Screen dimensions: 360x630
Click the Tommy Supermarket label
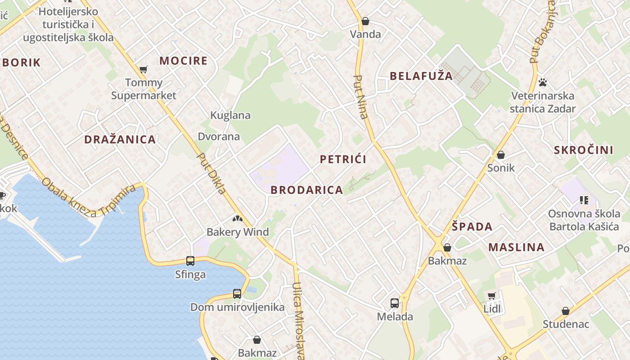click(x=144, y=89)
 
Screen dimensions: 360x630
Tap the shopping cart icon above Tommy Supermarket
click(x=144, y=69)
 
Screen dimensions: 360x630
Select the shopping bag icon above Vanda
click(x=365, y=21)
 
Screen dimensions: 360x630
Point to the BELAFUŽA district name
click(x=421, y=76)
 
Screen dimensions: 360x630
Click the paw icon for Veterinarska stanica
click(x=543, y=82)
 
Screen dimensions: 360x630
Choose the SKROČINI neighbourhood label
click(x=584, y=150)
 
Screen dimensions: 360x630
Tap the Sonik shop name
click(x=501, y=168)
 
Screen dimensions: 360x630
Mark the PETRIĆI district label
click(x=343, y=159)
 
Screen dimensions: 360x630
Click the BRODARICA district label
click(x=307, y=190)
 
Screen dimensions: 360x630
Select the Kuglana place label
click(x=230, y=115)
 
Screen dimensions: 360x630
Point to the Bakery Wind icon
click(x=237, y=219)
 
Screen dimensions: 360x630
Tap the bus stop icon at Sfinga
click(x=190, y=261)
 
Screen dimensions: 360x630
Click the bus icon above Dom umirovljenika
click(x=237, y=294)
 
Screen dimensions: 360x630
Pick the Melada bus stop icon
click(x=395, y=303)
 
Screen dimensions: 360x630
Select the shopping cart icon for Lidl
click(x=492, y=296)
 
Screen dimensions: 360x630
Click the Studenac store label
click(x=566, y=324)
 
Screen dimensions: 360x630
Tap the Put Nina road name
click(x=361, y=97)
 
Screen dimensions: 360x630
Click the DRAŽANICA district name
click(x=120, y=139)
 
